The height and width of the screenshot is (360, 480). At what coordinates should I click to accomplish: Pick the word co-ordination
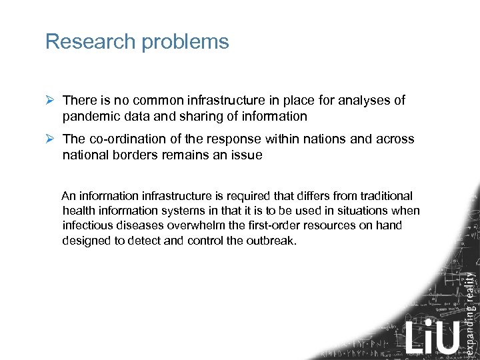coord(127,139)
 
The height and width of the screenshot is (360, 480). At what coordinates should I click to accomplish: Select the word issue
coord(246,155)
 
